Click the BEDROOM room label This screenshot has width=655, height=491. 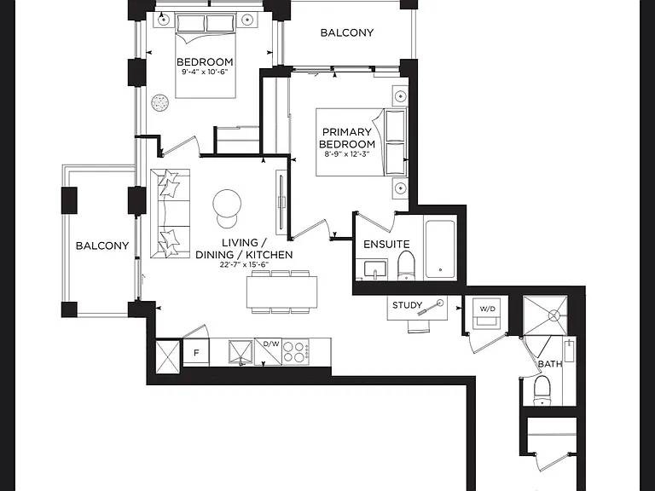(205, 61)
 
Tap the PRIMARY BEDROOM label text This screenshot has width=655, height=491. (347, 138)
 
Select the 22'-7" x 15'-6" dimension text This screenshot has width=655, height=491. (244, 264)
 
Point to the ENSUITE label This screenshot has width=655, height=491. (386, 245)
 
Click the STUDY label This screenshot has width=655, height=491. (407, 305)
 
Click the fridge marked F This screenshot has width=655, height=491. (196, 353)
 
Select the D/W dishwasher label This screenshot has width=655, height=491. (271, 344)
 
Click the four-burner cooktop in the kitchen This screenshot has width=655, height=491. (296, 351)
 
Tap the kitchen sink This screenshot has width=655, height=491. (241, 352)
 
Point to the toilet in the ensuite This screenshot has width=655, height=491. (405, 265)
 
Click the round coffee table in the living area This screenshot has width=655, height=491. (227, 204)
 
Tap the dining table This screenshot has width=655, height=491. (281, 292)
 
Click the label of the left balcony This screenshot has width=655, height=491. (102, 245)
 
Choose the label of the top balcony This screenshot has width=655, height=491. (347, 32)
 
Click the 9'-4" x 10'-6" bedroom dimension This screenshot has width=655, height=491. (205, 72)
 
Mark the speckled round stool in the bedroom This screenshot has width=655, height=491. (160, 102)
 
